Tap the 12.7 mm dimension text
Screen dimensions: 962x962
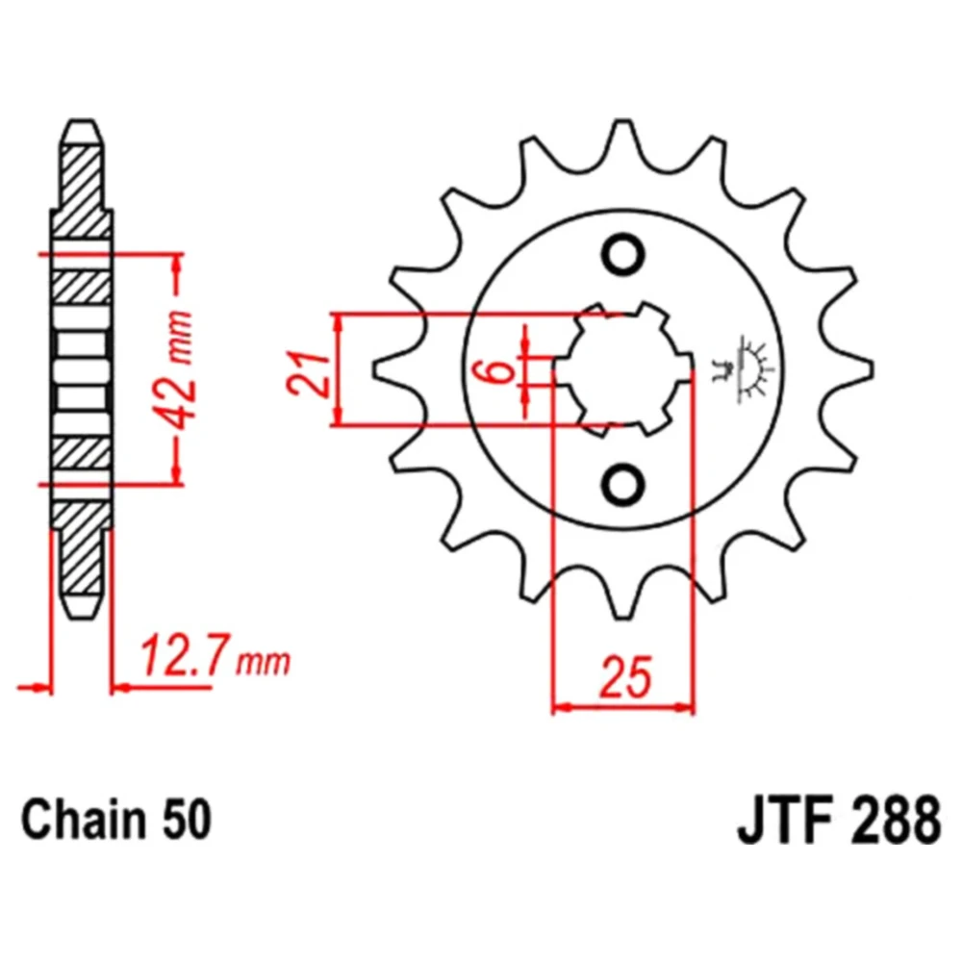215,656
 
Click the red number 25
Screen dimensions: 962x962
625,678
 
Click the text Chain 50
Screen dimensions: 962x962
116,821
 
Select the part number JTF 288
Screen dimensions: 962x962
839,821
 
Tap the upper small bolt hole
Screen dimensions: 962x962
622,254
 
